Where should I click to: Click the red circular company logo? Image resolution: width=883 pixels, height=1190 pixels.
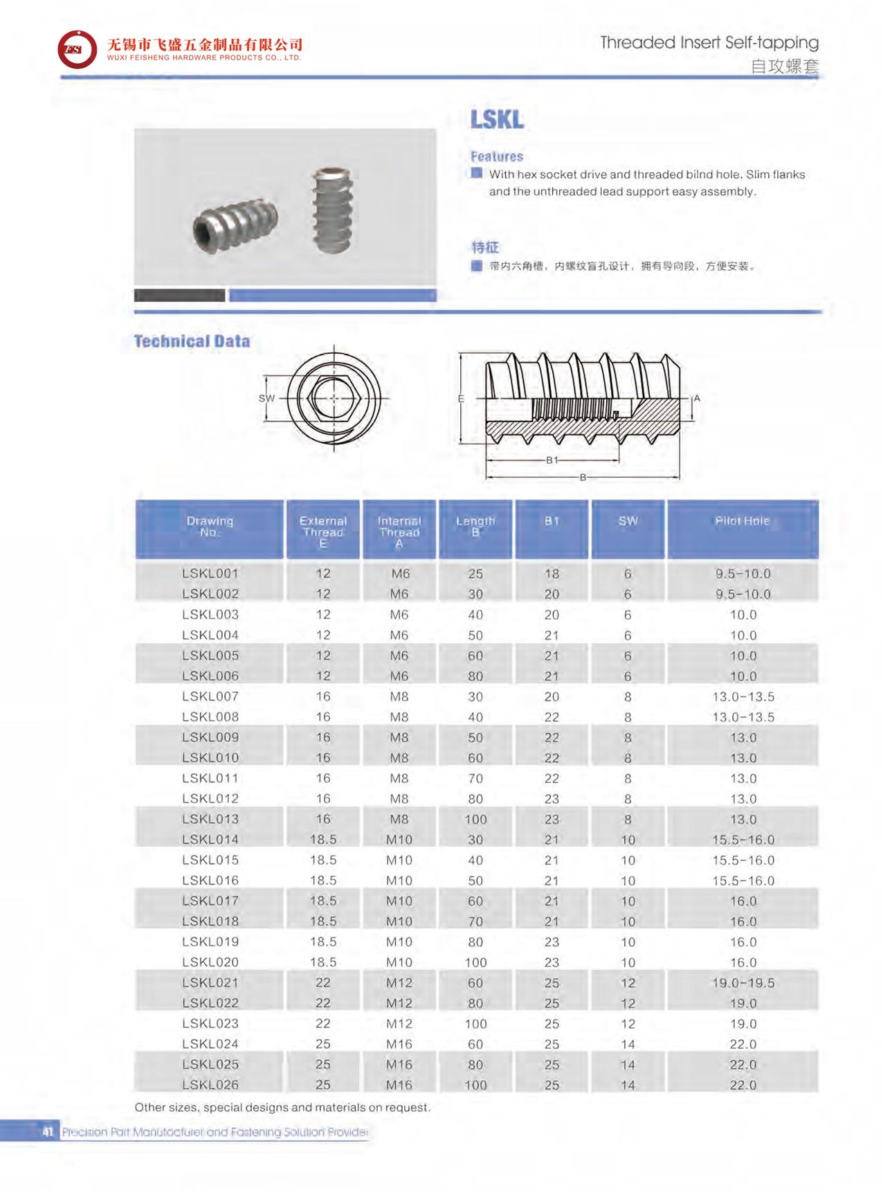[77, 49]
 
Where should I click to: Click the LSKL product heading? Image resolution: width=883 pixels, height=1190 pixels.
[497, 119]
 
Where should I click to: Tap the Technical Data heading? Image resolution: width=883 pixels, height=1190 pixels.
[192, 341]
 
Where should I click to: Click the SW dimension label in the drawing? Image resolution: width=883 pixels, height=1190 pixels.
[266, 398]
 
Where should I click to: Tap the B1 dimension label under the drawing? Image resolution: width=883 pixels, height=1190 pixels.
[552, 460]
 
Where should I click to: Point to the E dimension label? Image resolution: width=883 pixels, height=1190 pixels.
[461, 399]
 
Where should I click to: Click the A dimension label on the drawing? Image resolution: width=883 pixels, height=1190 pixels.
[697, 398]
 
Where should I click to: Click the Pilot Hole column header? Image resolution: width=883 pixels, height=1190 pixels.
[742, 521]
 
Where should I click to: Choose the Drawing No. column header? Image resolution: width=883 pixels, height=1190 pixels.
[210, 527]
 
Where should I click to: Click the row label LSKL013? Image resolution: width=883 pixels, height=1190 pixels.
[210, 819]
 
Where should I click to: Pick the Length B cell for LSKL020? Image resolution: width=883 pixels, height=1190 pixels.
[475, 962]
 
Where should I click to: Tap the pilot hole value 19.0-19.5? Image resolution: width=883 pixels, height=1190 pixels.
[743, 983]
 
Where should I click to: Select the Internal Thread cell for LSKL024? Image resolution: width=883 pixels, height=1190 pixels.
[399, 1044]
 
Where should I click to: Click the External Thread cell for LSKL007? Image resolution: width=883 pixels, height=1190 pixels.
[323, 696]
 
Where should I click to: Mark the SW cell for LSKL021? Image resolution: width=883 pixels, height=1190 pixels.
[628, 983]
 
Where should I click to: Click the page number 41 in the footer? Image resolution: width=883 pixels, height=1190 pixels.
[48, 1132]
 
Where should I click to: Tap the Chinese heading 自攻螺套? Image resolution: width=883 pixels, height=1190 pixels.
[784, 66]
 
